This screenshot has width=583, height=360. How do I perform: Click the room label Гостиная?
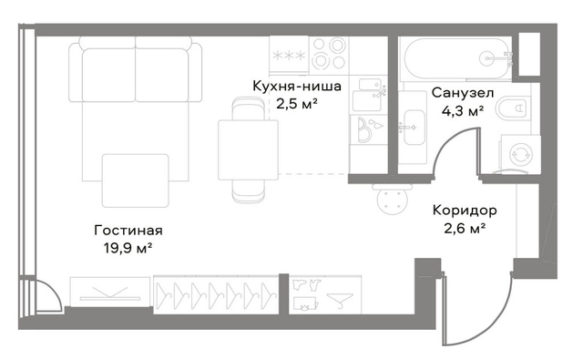128,231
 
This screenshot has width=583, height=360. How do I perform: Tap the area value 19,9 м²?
128,248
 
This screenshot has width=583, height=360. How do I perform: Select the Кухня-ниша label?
297,86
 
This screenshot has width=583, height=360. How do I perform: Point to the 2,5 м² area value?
297,103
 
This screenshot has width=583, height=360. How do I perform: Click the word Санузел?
463,93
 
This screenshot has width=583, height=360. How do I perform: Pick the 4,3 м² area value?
463,110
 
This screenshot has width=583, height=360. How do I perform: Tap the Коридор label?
465,211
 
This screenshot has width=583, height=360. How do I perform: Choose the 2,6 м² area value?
465,228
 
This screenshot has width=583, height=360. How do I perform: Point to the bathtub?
457,58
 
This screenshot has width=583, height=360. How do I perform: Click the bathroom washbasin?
413,128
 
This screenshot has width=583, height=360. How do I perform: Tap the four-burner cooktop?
328,54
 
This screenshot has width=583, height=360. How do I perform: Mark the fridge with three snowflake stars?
289,55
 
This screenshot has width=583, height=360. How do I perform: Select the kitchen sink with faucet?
368,95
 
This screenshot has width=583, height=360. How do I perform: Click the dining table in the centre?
248,149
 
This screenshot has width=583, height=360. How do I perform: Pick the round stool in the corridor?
392,200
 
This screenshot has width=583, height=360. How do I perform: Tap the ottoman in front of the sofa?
136,180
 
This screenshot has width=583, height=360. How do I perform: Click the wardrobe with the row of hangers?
216,294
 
